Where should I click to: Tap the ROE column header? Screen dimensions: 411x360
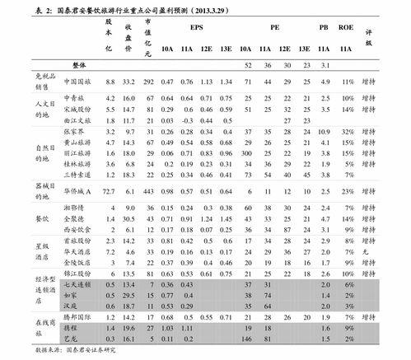point(348,27)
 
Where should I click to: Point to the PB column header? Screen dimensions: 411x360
point(325,27)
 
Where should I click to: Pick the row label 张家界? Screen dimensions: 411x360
point(72,131)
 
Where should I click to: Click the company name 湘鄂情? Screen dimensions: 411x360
point(73,208)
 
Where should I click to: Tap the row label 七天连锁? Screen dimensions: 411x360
point(75,283)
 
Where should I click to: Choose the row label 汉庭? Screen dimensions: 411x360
point(69,306)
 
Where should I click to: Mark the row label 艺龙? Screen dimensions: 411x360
point(69,339)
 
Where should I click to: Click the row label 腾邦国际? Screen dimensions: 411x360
point(77,316)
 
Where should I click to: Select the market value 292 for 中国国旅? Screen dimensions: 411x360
point(148,82)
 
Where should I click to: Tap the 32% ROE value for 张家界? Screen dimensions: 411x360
point(348,131)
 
